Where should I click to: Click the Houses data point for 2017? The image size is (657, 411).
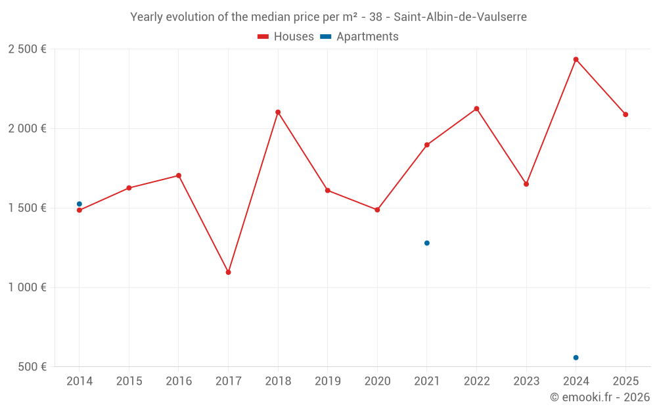click(x=228, y=272)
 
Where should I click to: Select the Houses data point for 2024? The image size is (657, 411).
click(x=576, y=60)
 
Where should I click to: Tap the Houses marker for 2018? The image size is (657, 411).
click(x=278, y=112)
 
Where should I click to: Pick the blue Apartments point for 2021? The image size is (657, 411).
click(x=427, y=243)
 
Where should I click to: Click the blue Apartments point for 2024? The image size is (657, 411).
click(x=576, y=358)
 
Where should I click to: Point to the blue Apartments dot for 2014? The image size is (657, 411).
click(x=79, y=204)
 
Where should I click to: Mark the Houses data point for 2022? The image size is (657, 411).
click(x=476, y=109)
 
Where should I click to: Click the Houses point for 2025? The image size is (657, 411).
click(x=625, y=114)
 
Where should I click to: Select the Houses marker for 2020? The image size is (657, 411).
click(x=377, y=210)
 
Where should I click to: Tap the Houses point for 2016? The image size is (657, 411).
click(x=179, y=176)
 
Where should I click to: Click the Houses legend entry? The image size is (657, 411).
click(x=286, y=37)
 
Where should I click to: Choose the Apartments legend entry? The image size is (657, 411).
click(x=359, y=37)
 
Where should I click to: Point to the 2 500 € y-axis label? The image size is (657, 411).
click(x=27, y=49)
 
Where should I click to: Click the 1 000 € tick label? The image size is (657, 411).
click(x=27, y=287)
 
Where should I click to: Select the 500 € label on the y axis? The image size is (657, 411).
click(x=31, y=367)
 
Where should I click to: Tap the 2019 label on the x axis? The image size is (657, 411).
click(x=327, y=381)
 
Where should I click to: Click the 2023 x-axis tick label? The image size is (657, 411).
click(x=526, y=381)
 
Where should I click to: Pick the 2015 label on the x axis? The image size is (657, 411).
click(x=129, y=381)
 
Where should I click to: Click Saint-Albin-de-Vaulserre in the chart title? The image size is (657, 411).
click(x=460, y=17)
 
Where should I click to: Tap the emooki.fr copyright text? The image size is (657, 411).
click(x=600, y=397)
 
